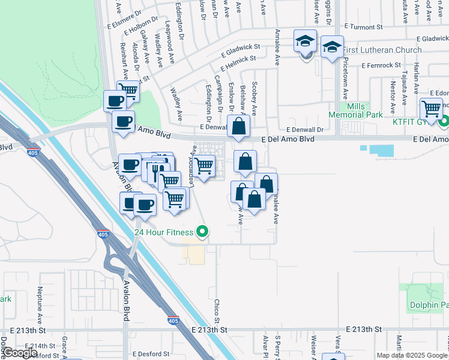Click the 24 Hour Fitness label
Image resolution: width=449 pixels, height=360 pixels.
164,232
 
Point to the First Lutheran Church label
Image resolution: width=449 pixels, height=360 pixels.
382,50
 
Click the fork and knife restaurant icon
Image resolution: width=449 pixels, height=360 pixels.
155,170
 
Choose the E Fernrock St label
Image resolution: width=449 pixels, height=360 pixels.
381,65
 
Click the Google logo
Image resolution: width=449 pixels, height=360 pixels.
20,353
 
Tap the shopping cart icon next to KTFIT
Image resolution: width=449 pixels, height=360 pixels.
431,109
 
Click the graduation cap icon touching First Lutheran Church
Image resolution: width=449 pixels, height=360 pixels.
331,48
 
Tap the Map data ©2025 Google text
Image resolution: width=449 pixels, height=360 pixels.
412,355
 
